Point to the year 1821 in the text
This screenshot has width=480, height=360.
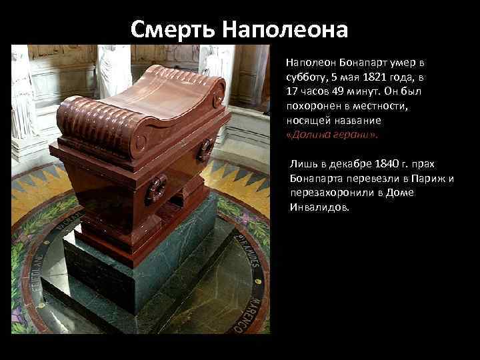point(358,76)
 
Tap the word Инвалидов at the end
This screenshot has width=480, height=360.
point(319,207)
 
